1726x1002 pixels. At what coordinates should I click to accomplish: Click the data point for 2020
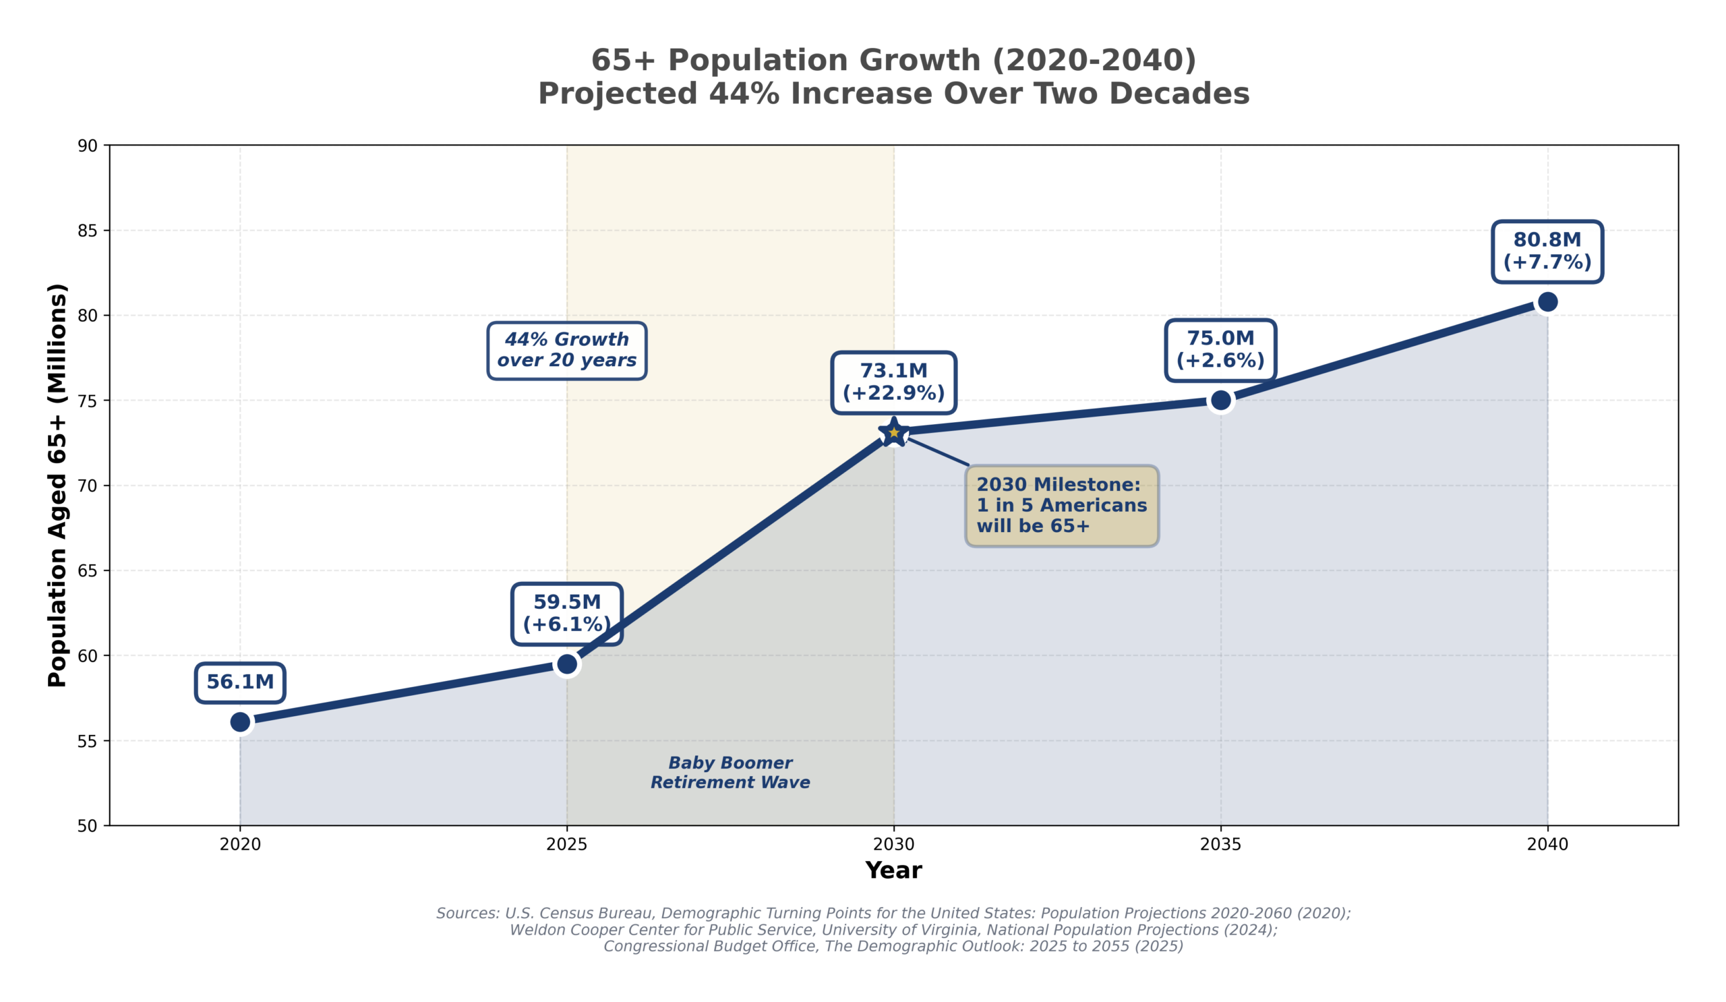pyautogui.click(x=241, y=722)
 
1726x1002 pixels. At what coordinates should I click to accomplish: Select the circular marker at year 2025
pyautogui.click(x=567, y=664)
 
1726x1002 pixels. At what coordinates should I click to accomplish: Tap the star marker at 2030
pyautogui.click(x=893, y=432)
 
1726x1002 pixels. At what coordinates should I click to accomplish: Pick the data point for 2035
pyautogui.click(x=1220, y=400)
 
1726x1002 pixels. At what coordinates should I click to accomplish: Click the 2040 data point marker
pyautogui.click(x=1547, y=301)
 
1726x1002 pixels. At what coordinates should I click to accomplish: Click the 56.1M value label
pyautogui.click(x=241, y=682)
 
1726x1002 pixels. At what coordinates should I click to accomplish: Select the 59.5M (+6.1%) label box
pyautogui.click(x=567, y=614)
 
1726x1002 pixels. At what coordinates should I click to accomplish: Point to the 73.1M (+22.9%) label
pyautogui.click(x=893, y=382)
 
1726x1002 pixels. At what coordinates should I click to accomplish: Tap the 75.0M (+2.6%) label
pyautogui.click(x=1220, y=350)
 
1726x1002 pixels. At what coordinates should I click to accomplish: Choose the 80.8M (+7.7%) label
pyautogui.click(x=1547, y=252)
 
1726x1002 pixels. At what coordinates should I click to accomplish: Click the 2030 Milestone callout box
pyautogui.click(x=1062, y=506)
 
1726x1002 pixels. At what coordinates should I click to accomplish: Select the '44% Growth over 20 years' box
pyautogui.click(x=567, y=350)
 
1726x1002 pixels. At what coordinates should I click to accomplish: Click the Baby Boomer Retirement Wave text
pyautogui.click(x=730, y=773)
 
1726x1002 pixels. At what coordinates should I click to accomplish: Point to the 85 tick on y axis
pyautogui.click(x=88, y=231)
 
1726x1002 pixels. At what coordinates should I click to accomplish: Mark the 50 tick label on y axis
pyautogui.click(x=88, y=827)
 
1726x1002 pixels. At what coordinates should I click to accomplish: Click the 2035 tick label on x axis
pyautogui.click(x=1220, y=845)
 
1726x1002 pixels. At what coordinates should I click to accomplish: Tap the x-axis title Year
pyautogui.click(x=893, y=871)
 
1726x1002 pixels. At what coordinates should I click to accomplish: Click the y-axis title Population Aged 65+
pyautogui.click(x=57, y=485)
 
